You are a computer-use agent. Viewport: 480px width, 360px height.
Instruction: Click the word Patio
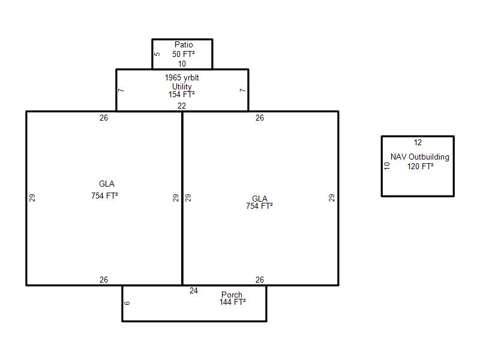click(x=184, y=44)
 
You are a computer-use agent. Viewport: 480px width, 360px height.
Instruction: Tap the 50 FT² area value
click(x=184, y=54)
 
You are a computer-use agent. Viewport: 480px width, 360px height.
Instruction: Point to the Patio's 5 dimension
click(x=157, y=54)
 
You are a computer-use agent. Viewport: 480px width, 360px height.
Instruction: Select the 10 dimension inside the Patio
click(x=182, y=64)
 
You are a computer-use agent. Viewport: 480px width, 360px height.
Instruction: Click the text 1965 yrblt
click(x=182, y=78)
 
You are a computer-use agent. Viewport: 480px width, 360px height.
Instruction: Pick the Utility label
click(x=182, y=86)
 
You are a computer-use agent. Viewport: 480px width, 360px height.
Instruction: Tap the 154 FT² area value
click(x=182, y=95)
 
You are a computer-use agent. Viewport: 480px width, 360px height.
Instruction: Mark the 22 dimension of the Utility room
click(x=182, y=106)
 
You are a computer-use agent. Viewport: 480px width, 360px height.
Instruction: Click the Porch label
click(x=232, y=295)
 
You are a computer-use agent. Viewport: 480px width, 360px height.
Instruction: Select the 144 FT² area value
click(x=232, y=302)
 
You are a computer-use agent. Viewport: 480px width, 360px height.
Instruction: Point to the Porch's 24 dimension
click(x=193, y=290)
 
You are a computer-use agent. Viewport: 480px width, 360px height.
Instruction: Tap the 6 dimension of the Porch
click(x=127, y=303)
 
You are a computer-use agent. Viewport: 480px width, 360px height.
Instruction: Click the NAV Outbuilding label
click(x=419, y=157)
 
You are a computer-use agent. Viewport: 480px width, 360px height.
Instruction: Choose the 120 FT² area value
click(x=421, y=167)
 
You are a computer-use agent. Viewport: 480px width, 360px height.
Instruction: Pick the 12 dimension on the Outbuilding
click(x=418, y=142)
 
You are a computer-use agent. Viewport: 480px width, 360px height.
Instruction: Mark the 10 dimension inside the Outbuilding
click(x=387, y=166)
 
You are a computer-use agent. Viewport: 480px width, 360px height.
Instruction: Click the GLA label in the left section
click(x=107, y=184)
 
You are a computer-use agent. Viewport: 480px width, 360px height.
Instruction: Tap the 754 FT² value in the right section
click(x=259, y=206)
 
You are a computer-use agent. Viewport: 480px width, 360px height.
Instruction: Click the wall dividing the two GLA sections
click(x=182, y=199)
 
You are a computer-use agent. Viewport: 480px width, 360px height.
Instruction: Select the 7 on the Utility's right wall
click(x=242, y=91)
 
